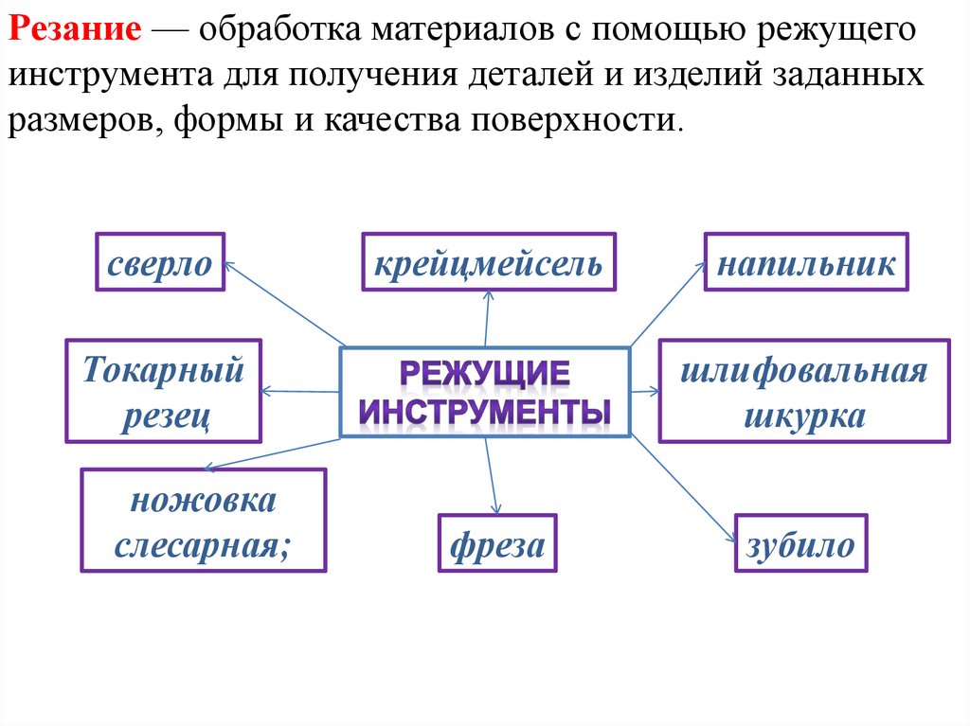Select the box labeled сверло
pos(160,262)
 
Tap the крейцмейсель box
pos(488,262)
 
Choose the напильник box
pos(806,262)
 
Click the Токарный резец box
pos(163,391)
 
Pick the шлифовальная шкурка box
pos(804,391)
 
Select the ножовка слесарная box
pos(204,521)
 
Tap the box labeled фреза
pos(497,543)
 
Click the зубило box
pos(800,543)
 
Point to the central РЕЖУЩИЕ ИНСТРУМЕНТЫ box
pos(485,392)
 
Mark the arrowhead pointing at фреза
pos(494,508)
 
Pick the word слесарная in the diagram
pos(204,545)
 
